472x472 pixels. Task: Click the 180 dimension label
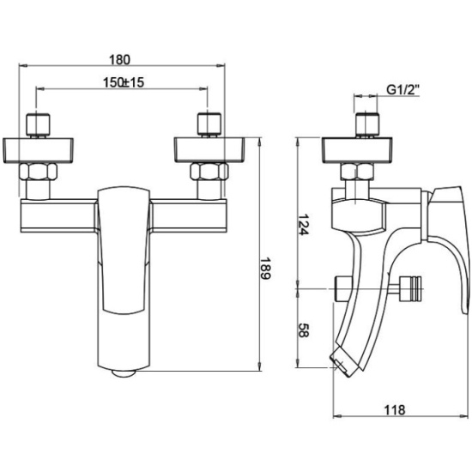[x=119, y=60]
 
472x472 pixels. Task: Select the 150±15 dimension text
[x=124, y=82]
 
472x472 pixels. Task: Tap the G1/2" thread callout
[x=402, y=90]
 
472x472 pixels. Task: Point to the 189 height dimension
[x=265, y=269]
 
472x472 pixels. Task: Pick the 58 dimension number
[x=304, y=330]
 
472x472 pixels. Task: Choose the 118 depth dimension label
[x=395, y=410]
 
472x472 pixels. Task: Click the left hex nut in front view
[x=38, y=172]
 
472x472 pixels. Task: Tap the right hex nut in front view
[x=209, y=172]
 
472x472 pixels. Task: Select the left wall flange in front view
[x=39, y=150]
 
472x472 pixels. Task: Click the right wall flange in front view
[x=209, y=150]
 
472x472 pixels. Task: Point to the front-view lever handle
[x=124, y=251]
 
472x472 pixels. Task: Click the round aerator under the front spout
[x=124, y=373]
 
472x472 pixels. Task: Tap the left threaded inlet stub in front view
[x=38, y=125]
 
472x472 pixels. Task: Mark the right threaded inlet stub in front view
[x=209, y=125]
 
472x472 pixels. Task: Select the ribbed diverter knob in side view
[x=410, y=288]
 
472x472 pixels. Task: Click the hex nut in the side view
[x=357, y=172]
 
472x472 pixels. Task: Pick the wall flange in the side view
[x=357, y=150]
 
